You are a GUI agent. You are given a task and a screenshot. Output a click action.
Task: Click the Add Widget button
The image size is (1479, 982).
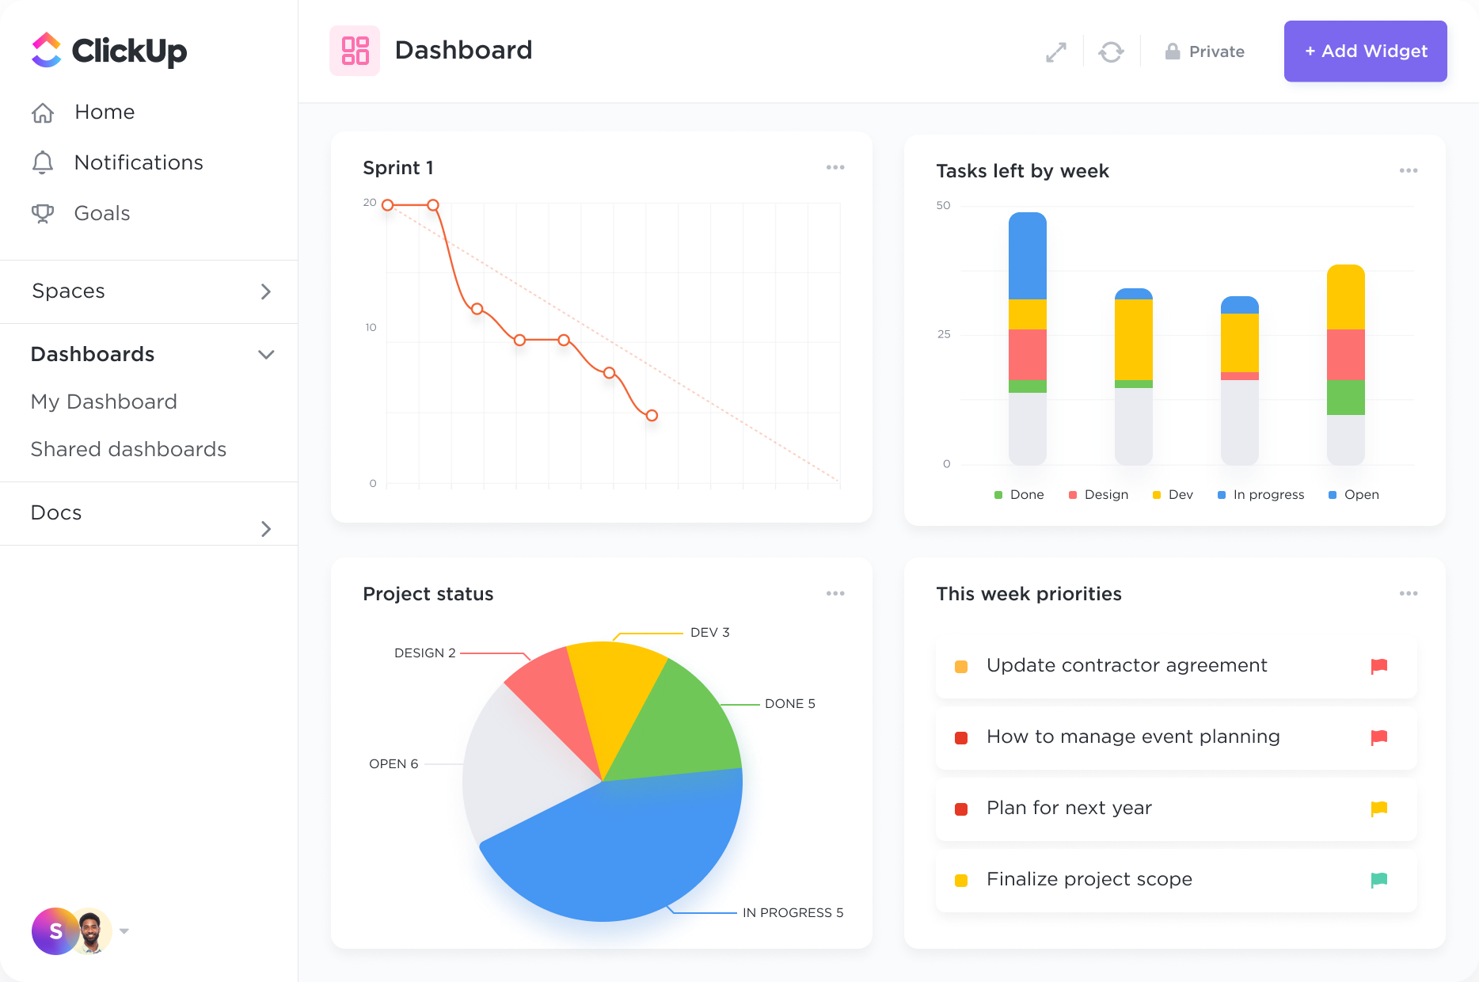coord(1365,51)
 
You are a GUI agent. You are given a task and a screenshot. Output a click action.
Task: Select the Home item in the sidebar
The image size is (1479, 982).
coord(105,112)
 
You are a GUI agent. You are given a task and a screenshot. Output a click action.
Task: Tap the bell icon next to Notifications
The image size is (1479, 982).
coord(43,162)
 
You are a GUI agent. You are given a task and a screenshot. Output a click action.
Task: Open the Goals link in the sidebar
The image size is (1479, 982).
coord(101,214)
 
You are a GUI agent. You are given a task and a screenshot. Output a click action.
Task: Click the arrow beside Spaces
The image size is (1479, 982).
coord(266,291)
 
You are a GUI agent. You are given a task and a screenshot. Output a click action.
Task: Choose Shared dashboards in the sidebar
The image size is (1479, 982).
coord(128,450)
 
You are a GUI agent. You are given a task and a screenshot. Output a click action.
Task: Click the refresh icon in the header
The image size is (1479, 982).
coord(1111,52)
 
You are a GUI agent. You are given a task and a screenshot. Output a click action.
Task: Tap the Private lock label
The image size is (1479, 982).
coord(1205,52)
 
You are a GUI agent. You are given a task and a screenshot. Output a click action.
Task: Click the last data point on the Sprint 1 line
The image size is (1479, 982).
coord(652,415)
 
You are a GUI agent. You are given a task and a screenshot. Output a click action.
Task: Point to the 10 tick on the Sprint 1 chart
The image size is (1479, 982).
coord(371,328)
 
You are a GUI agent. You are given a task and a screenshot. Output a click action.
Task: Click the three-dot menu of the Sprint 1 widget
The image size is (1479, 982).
coord(835,168)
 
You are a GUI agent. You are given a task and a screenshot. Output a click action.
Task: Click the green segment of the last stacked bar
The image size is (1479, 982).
coord(1345,398)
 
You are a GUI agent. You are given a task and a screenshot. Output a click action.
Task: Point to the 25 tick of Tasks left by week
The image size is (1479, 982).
coord(944,334)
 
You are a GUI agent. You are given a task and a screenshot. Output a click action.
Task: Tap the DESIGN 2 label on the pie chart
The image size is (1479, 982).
coord(424,653)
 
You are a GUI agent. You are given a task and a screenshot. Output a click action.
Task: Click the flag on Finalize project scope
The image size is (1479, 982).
coord(1378,880)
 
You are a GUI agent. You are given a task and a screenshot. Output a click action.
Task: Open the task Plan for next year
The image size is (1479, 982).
coord(1069,809)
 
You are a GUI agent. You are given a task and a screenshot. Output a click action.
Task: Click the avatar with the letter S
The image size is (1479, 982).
coord(55,931)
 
